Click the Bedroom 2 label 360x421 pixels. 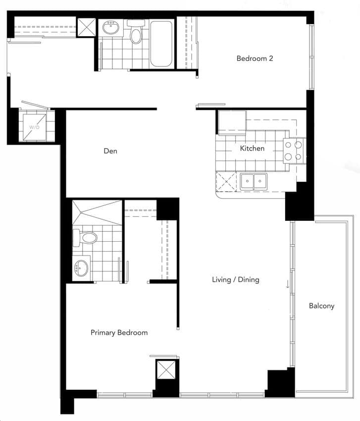(255, 58)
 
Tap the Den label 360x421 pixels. (110, 151)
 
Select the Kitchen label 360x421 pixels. (252, 148)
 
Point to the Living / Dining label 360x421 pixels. (236, 280)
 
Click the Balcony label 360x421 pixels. (321, 306)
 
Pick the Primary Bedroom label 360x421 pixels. (119, 333)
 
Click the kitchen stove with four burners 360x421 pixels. (293, 151)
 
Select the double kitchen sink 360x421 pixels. (254, 182)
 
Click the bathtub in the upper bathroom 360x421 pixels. (161, 44)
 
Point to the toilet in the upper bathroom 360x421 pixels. (135, 32)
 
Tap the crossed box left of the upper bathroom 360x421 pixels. (86, 27)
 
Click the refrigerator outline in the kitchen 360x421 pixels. (232, 122)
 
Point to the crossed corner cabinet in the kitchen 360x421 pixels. (226, 182)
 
